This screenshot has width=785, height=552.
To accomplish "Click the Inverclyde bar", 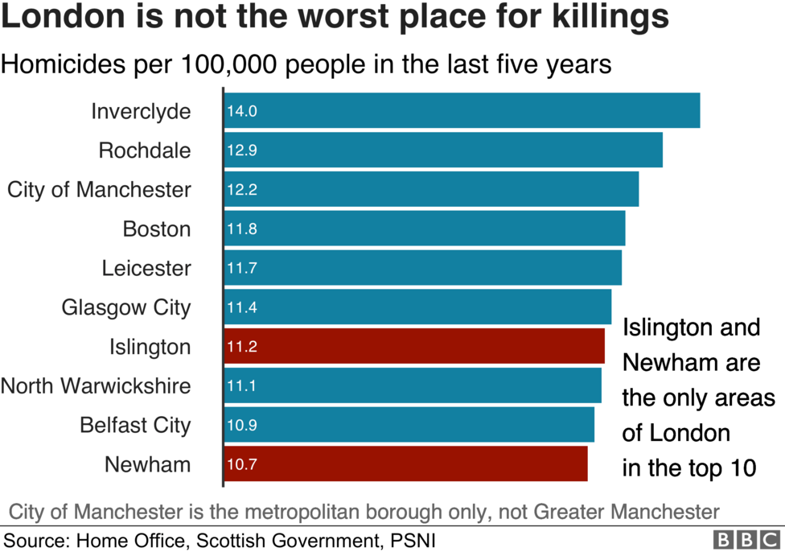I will tap(462, 111).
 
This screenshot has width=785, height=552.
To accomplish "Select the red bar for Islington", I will tap(414, 346).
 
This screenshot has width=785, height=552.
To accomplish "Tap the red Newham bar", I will tap(405, 464).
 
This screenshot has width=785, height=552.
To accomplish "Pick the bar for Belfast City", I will tap(409, 425).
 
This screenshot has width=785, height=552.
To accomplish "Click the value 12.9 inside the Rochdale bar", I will tap(241, 150).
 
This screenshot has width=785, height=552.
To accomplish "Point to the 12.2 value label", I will tap(241, 190).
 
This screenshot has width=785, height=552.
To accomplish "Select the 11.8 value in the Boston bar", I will tap(241, 229).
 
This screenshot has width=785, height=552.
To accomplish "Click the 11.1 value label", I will tap(241, 386).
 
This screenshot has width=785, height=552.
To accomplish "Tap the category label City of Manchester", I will tap(99, 190).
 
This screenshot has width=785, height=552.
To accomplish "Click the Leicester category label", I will tap(146, 268).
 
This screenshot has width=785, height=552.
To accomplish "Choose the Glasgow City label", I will tap(126, 307).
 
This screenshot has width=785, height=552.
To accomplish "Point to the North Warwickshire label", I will tap(96, 386).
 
